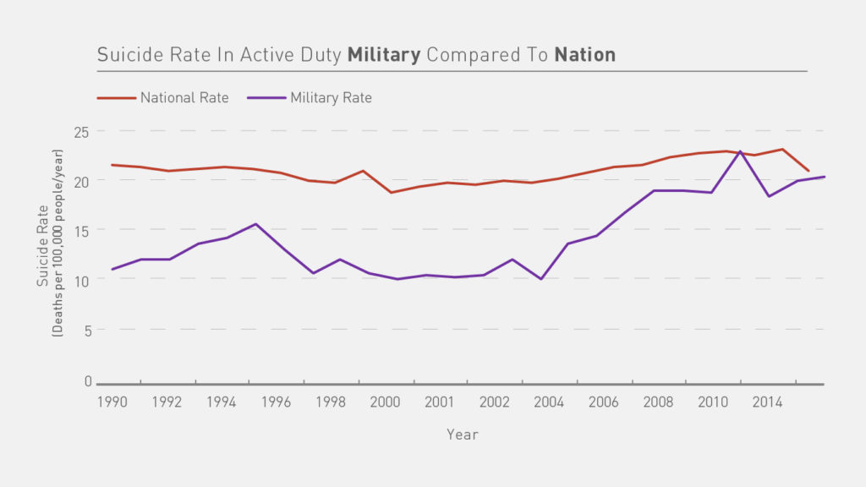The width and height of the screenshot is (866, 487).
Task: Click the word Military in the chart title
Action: pyautogui.click(x=384, y=56)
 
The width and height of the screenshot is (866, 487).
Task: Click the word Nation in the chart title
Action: pyautogui.click(x=584, y=56)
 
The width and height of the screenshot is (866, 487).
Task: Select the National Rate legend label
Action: pyautogui.click(x=184, y=98)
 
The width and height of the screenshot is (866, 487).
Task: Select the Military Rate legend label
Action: pyautogui.click(x=331, y=98)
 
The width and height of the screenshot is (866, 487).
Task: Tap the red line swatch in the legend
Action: pyautogui.click(x=117, y=98)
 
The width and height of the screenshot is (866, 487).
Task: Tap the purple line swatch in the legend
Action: pyautogui.click(x=266, y=98)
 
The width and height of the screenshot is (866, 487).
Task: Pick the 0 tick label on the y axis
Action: pyautogui.click(x=87, y=381)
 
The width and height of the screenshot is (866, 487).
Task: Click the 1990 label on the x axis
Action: pyautogui.click(x=112, y=402)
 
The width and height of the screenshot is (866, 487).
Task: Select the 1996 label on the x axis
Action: pyautogui.click(x=277, y=402)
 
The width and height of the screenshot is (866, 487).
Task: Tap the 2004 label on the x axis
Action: pyautogui.click(x=549, y=402)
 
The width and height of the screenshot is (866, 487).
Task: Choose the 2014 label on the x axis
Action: pyautogui.click(x=767, y=402)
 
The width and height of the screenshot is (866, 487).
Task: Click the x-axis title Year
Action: pyautogui.click(x=463, y=435)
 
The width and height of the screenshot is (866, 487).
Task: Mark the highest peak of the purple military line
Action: pyautogui.click(x=741, y=151)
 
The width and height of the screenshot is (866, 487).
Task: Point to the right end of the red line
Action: pyautogui.click(x=808, y=171)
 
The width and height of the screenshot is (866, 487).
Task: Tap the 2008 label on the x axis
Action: pyautogui.click(x=658, y=402)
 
